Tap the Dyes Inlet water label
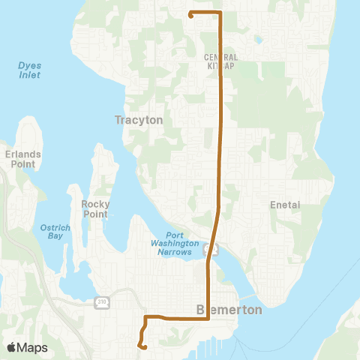[x=30, y=70]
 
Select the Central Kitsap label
[x=221, y=61]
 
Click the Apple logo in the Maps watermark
[x=12, y=347]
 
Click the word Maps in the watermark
[x=33, y=347]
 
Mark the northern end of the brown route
[x=190, y=14]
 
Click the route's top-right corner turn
[x=220, y=13]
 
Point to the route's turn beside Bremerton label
[x=208, y=318]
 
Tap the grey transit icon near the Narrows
[x=213, y=250]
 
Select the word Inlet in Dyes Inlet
[x=30, y=75]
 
